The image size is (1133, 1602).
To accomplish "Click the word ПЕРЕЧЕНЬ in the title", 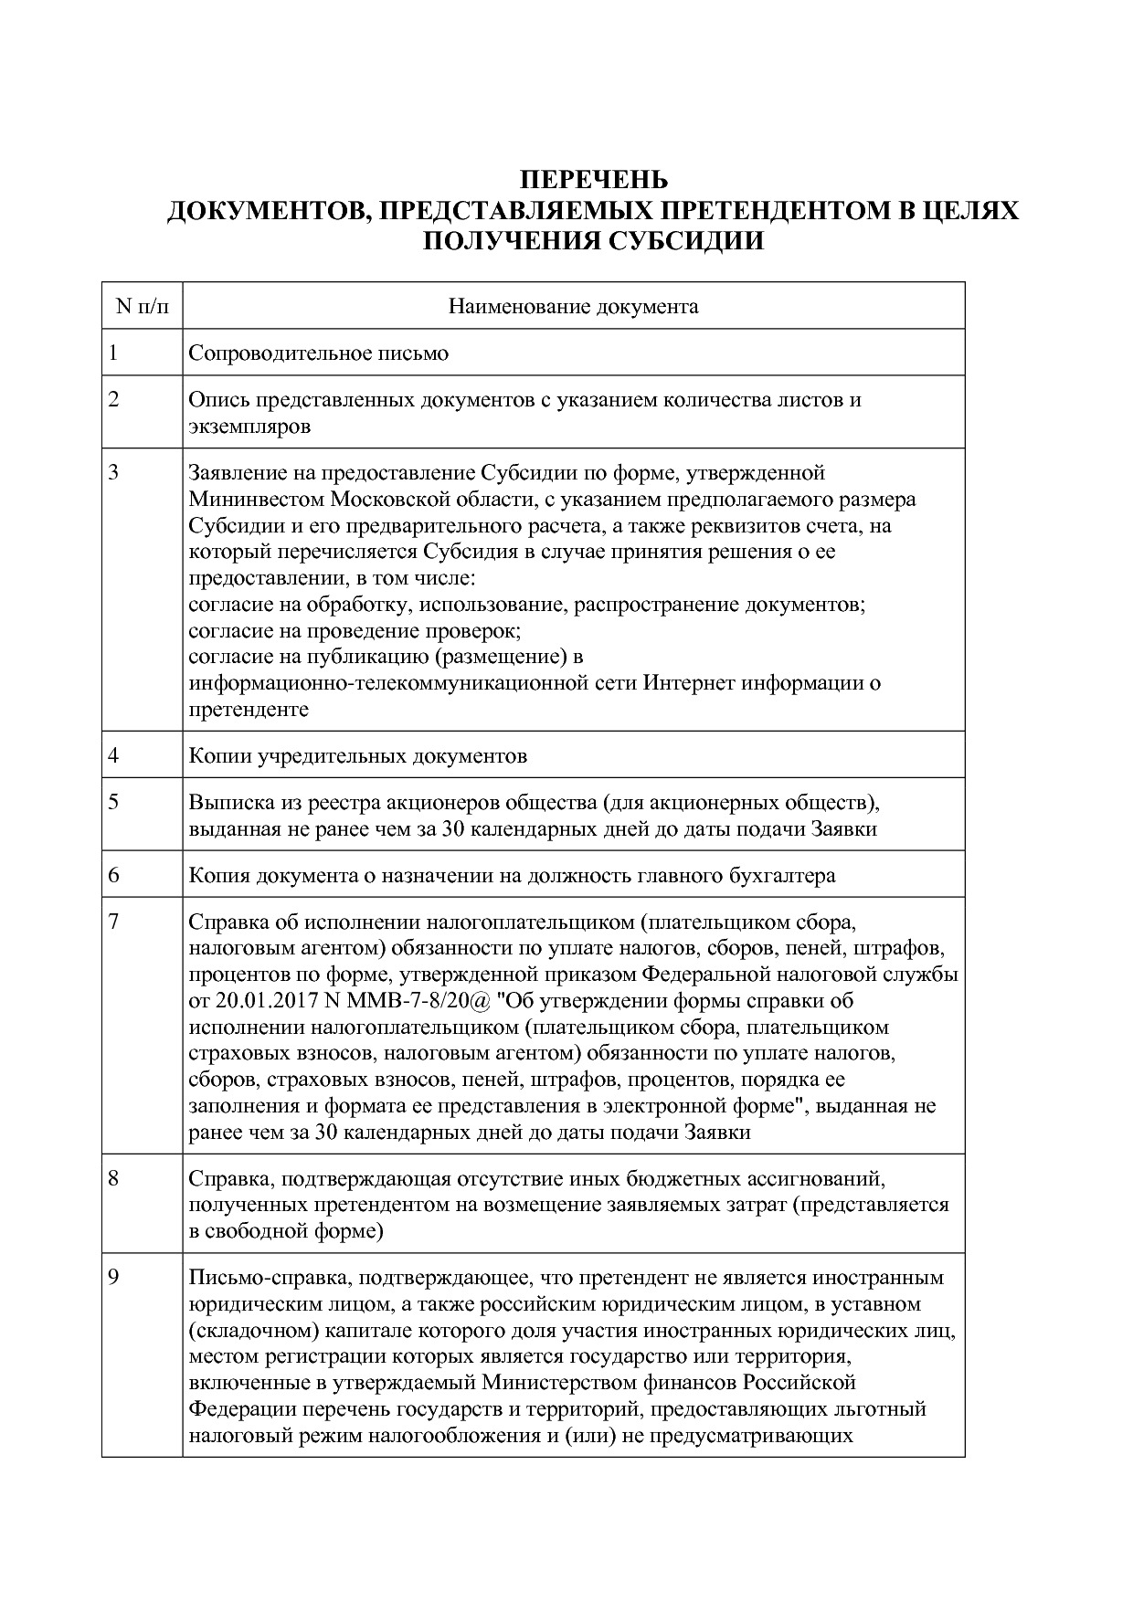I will point(594,179).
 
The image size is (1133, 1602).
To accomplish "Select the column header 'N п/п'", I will point(143,306).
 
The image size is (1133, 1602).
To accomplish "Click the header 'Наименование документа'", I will point(573,306).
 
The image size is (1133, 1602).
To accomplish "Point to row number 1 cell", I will point(113,353).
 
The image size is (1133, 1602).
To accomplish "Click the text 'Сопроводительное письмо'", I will point(318,353).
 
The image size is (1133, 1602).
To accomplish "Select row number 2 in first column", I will point(114,399).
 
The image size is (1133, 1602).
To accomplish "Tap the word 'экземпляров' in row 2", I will point(249,426).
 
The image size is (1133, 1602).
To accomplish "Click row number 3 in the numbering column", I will point(114,472).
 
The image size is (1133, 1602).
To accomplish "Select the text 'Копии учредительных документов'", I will point(357,756).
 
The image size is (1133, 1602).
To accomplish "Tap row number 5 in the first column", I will point(114,802).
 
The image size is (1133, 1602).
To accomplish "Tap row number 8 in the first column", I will point(114,1178).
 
